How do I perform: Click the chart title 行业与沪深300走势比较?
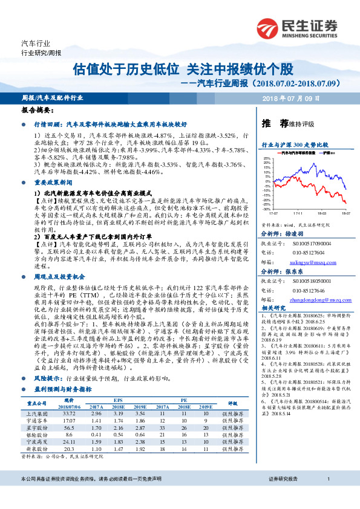pos(294,146)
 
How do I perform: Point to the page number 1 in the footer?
pos(327,496)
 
